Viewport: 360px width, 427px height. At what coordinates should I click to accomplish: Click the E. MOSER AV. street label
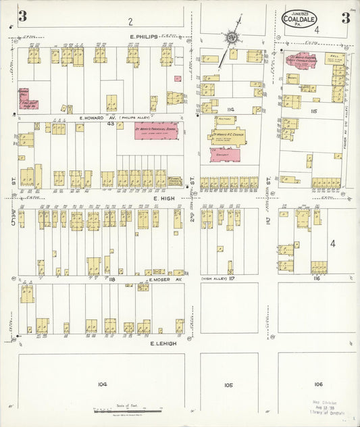165,278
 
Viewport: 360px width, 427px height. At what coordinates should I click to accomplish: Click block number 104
102,384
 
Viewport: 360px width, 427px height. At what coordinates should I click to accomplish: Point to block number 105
229,384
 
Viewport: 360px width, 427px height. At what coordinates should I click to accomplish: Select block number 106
318,384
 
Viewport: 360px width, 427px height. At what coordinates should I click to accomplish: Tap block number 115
313,111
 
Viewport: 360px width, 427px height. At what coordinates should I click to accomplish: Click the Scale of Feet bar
128,409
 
